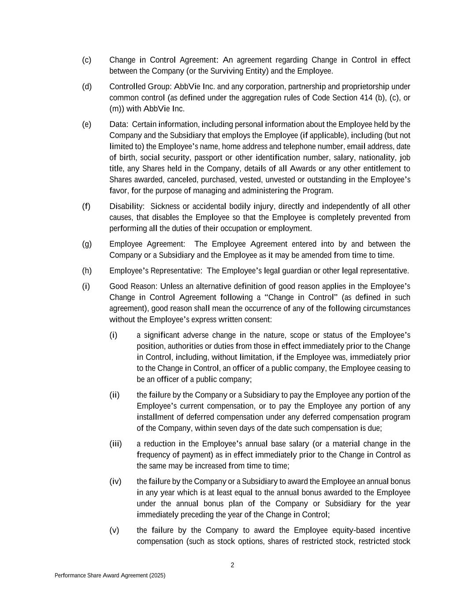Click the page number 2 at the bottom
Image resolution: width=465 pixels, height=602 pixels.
(232, 565)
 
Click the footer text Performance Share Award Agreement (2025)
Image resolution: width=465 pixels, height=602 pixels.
(110, 576)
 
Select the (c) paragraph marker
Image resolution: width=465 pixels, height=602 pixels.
(86, 60)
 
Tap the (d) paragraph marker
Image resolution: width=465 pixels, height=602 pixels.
(86, 86)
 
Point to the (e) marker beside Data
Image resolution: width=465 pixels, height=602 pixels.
(86, 124)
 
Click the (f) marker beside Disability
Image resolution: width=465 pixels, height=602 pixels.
(86, 206)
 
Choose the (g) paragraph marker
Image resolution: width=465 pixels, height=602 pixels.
(86, 244)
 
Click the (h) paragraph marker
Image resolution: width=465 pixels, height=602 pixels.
(86, 271)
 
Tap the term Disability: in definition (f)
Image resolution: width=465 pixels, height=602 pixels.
(127, 206)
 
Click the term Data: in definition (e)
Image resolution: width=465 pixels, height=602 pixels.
(119, 124)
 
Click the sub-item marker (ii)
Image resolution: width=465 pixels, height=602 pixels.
(114, 395)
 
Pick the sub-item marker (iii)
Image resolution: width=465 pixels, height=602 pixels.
(115, 444)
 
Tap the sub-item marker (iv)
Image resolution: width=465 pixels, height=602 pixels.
(115, 482)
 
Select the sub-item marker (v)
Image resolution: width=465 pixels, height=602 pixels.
(114, 530)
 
